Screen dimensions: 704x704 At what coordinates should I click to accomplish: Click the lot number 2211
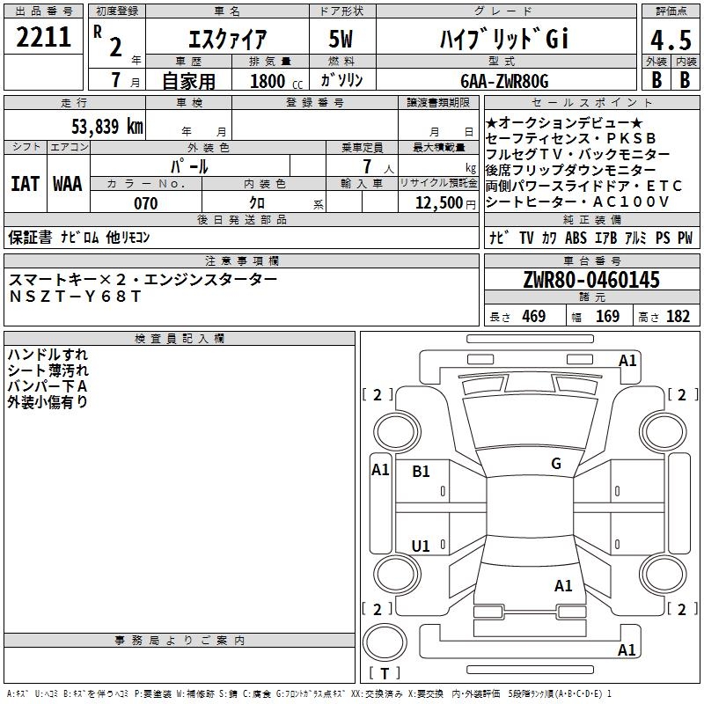[x=43, y=37]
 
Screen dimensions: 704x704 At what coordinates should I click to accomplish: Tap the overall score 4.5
[x=668, y=40]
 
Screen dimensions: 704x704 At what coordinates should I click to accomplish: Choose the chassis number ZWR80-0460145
[x=591, y=280]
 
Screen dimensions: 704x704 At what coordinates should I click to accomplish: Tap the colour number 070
[x=145, y=203]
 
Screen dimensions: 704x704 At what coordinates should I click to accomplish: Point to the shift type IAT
[x=25, y=184]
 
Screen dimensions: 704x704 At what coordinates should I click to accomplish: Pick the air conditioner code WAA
[x=68, y=184]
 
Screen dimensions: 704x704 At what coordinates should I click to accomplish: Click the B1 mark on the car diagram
[x=422, y=472]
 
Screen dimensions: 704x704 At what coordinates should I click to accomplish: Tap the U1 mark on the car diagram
[x=421, y=546]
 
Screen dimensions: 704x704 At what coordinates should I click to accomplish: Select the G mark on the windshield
[x=556, y=464]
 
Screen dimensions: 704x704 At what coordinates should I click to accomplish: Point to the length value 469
[x=533, y=317]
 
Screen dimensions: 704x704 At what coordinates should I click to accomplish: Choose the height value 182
[x=678, y=317]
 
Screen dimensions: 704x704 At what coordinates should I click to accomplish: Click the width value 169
[x=607, y=317]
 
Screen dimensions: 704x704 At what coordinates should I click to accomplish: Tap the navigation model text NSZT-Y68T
[x=75, y=297]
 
